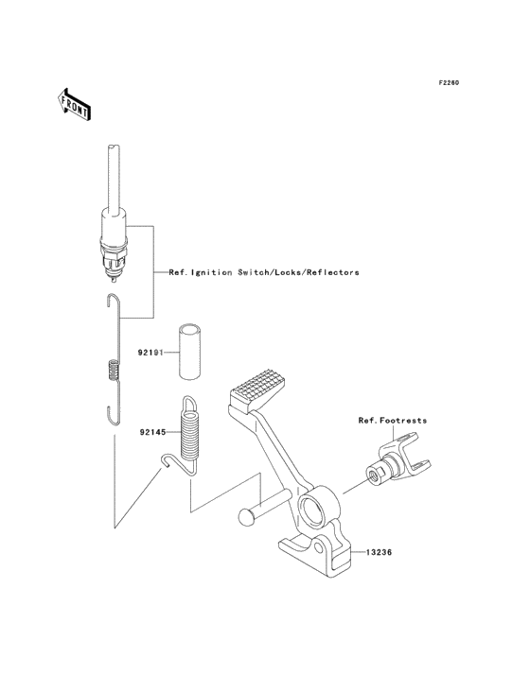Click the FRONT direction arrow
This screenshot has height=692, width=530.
click(x=74, y=105)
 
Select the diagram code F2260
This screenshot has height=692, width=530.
click(x=449, y=82)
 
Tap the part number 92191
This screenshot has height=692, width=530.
click(x=150, y=353)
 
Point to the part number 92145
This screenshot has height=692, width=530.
click(x=152, y=433)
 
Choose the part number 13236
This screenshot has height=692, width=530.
click(x=379, y=552)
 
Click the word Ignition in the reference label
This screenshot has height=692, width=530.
click(x=211, y=273)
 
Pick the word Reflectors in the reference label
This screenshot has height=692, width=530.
click(x=332, y=273)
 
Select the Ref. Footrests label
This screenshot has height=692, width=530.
click(x=393, y=421)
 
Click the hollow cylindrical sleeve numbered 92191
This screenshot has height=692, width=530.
click(x=190, y=351)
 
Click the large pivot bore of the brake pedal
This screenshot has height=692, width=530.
click(x=318, y=508)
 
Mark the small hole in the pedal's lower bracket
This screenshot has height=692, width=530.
click(x=319, y=547)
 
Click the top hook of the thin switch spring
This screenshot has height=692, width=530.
click(x=113, y=300)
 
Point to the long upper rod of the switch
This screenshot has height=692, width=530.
click(x=115, y=180)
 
